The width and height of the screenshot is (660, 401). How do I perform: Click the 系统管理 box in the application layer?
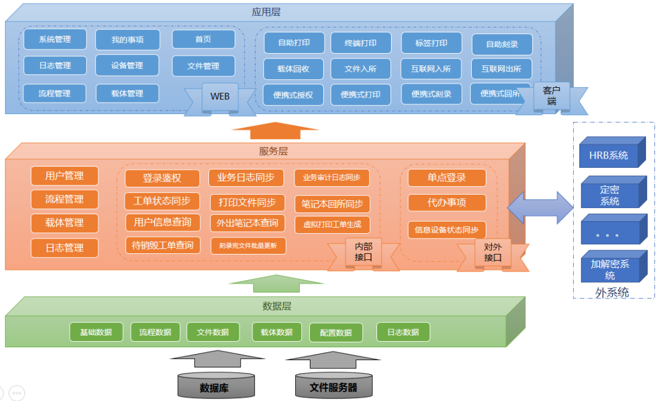[55, 40]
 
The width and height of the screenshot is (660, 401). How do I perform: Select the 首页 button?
[204, 39]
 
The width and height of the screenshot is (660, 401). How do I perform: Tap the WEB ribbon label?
[220, 96]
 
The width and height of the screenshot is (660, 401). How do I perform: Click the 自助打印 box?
[293, 43]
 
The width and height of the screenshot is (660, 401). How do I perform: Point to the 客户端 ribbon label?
[552, 96]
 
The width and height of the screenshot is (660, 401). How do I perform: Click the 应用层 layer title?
[266, 12]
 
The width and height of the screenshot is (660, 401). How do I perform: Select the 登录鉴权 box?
[162, 178]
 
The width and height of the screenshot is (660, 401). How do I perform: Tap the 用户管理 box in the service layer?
[64, 176]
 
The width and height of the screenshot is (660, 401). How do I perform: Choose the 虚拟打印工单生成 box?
[332, 224]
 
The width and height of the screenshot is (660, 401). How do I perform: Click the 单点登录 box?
[447, 178]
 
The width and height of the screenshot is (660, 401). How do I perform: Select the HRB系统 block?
[609, 155]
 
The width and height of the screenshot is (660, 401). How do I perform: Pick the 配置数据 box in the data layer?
[335, 333]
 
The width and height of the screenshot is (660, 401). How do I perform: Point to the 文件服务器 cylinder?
[333, 386]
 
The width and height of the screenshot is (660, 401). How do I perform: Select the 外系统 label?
[612, 292]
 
